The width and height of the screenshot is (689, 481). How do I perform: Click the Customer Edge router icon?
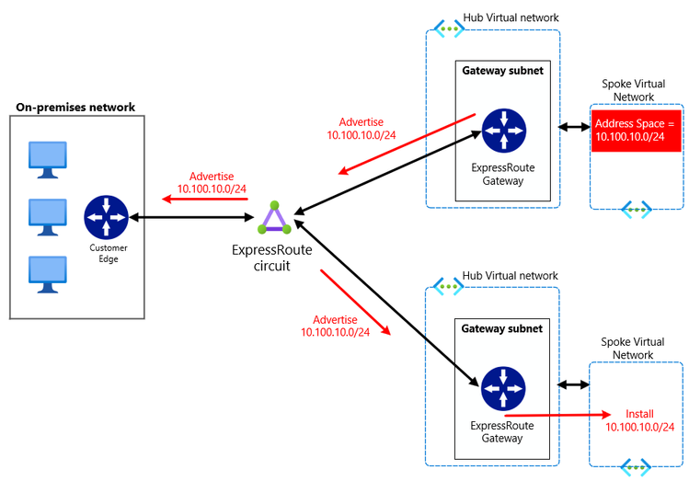coord(107,217)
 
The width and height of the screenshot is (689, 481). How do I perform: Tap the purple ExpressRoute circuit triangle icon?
coord(273,218)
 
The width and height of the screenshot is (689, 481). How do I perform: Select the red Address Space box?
coord(636,130)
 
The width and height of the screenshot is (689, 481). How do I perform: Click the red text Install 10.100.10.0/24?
coord(639,420)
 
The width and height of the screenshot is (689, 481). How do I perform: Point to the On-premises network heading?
coord(75,108)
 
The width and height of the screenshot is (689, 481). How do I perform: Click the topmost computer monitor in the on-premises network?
coord(46,158)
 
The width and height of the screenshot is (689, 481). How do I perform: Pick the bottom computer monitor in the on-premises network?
coord(46,273)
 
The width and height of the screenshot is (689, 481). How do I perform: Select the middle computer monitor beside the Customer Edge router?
coord(46,216)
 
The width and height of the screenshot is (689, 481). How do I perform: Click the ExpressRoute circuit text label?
coord(273,258)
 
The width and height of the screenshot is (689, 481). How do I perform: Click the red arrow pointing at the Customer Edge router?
coord(202,197)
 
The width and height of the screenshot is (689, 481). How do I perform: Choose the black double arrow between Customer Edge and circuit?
coord(192,218)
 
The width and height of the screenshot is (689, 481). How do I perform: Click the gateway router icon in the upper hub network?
coord(502,131)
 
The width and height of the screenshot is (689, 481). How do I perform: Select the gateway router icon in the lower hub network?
coord(502,387)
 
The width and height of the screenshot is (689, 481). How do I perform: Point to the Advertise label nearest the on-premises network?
coord(212,182)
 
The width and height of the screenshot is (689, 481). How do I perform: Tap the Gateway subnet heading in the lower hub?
coord(501,328)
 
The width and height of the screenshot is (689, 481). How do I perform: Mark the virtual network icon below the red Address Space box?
coord(636,210)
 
